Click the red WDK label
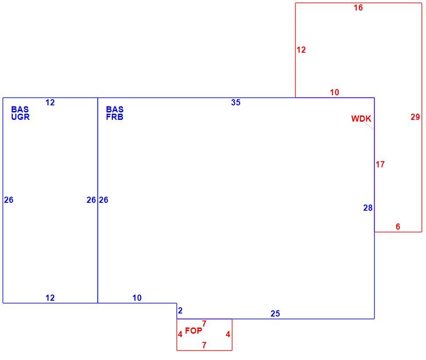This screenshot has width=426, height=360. [x=361, y=119]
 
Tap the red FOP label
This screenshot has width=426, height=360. [x=193, y=331]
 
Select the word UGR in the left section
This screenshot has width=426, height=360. [x=20, y=117]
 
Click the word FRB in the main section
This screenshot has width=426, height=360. [x=115, y=117]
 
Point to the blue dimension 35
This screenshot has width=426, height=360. [x=236, y=102]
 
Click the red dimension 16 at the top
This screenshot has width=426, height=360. [x=358, y=7]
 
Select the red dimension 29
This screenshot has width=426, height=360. [x=415, y=117]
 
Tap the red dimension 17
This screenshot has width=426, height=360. [x=380, y=164]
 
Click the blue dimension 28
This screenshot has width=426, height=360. [x=368, y=208]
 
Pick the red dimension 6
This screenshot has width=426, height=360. [x=398, y=227]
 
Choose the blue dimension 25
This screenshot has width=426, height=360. [x=275, y=314]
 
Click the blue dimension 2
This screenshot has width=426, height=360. [x=180, y=310]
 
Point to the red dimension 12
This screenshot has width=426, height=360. [x=301, y=50]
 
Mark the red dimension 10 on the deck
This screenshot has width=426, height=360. [x=335, y=93]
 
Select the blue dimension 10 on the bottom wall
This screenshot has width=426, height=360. [x=137, y=298]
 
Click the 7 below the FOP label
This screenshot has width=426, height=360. [x=204, y=345]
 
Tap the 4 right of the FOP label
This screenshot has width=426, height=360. [x=228, y=334]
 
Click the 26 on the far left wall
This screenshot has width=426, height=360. [x=9, y=200]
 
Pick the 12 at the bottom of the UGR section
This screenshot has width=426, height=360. [x=50, y=298]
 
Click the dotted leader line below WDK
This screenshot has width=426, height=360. [x=368, y=126]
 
